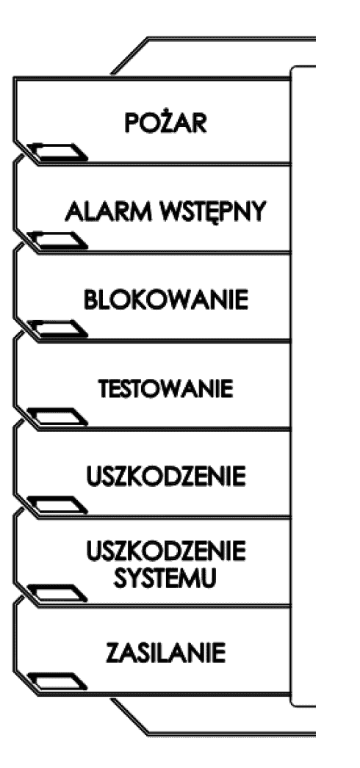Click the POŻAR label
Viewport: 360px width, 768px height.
(165, 123)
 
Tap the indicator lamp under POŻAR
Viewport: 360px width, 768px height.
(57, 152)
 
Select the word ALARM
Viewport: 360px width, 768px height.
(106, 211)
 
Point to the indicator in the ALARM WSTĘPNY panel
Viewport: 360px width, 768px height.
(57, 241)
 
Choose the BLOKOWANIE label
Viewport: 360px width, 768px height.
(165, 300)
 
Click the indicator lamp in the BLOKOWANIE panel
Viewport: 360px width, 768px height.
(57, 329)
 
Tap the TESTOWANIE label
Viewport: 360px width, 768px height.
(165, 389)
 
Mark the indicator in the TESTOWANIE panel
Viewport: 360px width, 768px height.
(57, 417)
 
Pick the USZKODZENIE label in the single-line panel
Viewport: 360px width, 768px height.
(165, 477)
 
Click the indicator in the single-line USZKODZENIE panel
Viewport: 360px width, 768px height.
(57, 505)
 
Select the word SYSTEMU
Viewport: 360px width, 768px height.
(165, 579)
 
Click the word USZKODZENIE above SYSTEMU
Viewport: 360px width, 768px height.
(165, 552)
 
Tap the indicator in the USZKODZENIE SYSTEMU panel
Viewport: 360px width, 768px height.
(57, 593)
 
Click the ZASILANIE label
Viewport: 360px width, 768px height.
(165, 653)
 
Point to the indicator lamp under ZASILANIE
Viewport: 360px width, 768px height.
(57, 681)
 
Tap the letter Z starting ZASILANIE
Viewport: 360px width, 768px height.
(113, 653)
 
